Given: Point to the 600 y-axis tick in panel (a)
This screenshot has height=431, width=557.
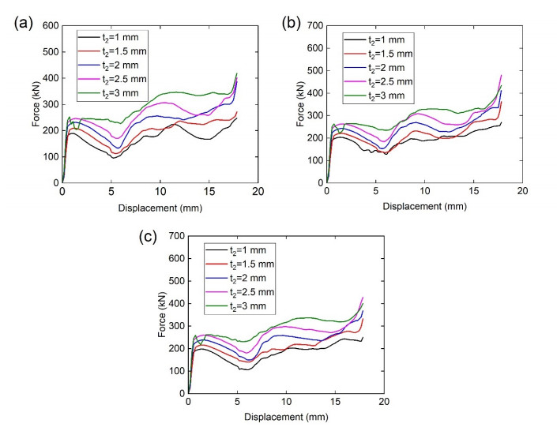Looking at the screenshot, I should point(50,27).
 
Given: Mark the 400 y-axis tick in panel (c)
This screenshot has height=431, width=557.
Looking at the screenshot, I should point(175,303).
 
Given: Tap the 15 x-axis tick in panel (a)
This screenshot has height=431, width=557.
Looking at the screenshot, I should point(208,192).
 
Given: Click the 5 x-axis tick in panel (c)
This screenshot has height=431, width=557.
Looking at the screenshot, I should point(237,402).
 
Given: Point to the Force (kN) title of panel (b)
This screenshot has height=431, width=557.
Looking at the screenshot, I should point(300,105).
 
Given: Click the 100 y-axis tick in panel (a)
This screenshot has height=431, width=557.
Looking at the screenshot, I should point(50,156).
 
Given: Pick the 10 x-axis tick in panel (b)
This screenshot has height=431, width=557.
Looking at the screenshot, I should point(424,192).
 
